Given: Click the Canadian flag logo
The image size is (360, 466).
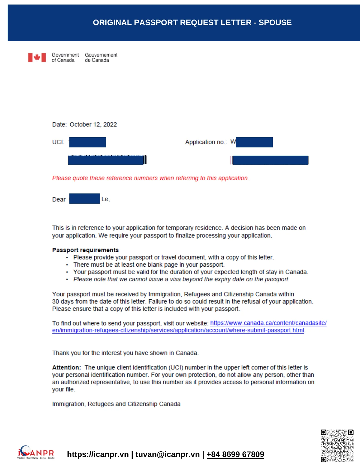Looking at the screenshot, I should coord(37,57).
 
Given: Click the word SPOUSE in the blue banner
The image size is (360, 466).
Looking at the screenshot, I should coord(275,23).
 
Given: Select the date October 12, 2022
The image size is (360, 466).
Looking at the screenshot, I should coord(93,125).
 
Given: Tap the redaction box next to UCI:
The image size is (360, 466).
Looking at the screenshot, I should coord(88,142).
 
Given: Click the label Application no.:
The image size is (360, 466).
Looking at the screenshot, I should coord(206,142).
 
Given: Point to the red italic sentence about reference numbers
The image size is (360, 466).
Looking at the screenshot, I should coord(150,178).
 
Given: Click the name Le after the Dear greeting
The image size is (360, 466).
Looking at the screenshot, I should coord(105,199).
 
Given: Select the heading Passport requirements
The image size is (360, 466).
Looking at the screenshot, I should coord(85,250).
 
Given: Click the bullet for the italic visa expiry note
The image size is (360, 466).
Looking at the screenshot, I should coord(67,279).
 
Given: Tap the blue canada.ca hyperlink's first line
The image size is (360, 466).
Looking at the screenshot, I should coord(268,323).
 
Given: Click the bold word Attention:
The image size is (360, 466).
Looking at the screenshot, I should coord(66,367).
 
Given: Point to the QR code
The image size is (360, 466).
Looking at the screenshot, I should coord(337,446).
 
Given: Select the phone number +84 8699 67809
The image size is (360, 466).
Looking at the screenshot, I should coord(235,454).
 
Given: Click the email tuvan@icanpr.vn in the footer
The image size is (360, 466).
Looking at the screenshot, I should coord(167,454).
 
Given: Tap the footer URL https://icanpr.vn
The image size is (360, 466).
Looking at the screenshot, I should coord(98,454).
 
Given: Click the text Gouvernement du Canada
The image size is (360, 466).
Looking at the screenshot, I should coord(101,57).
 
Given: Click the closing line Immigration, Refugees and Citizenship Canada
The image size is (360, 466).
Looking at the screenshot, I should coord(116,404).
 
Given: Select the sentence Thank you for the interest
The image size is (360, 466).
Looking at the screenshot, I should coord(125,353).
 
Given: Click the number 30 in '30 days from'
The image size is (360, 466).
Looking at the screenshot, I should coord(55,301).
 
